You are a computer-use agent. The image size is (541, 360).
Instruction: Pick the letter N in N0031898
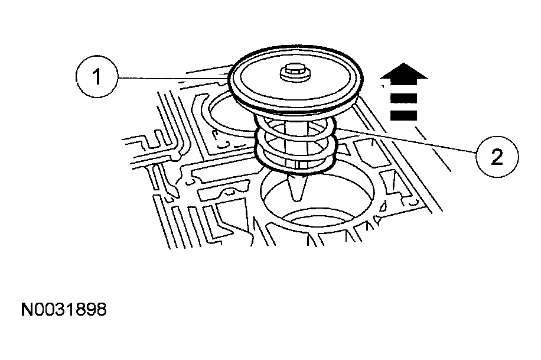click(x=27, y=310)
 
